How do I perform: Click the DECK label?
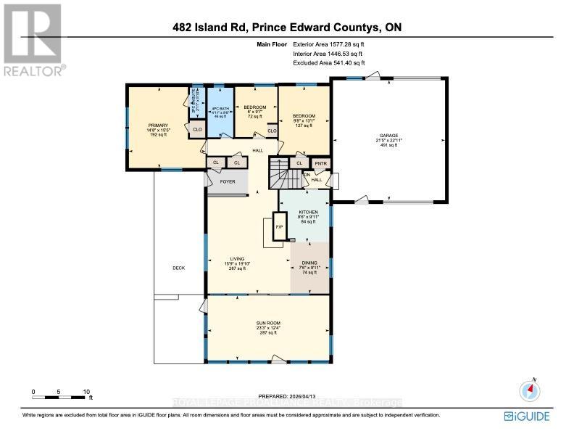178,268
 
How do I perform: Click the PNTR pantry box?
321,164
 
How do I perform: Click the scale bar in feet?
61,395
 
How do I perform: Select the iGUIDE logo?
527,416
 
